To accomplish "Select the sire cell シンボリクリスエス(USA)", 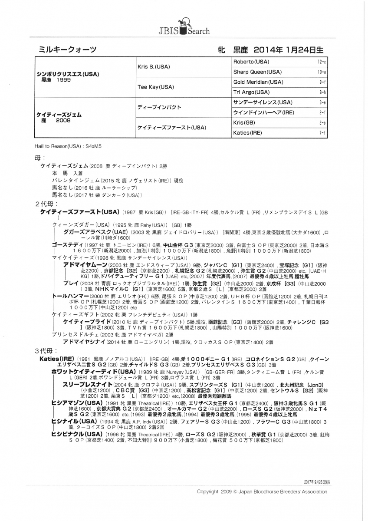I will click(x=68, y=74).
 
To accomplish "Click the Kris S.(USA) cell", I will click(x=153, y=67).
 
